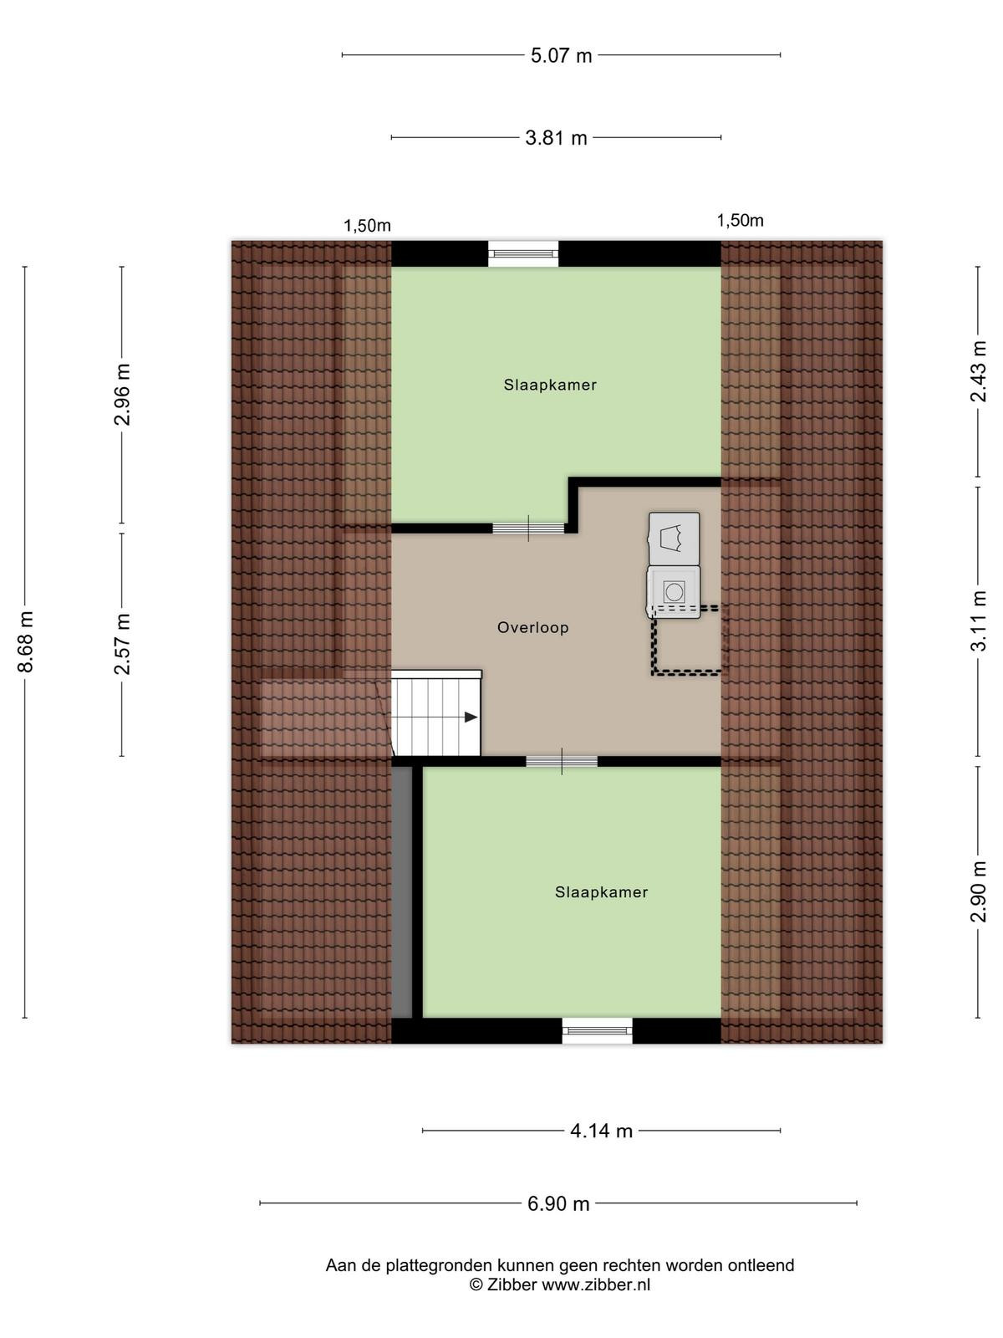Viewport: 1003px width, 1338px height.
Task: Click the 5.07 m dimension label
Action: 561,55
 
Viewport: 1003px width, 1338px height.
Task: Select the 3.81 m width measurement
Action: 556,138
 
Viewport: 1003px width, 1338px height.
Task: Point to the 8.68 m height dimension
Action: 26,641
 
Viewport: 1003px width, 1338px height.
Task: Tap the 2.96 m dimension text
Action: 122,395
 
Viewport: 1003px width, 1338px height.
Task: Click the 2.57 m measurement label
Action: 122,644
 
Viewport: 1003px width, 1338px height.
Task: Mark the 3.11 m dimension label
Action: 978,620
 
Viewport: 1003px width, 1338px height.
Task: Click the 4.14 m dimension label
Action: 601,1131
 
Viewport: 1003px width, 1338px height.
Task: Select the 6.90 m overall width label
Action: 558,1204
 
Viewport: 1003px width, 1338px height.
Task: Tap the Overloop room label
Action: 533,627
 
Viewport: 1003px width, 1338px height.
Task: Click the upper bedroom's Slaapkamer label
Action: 550,385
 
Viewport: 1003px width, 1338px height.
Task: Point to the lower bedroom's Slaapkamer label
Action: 601,891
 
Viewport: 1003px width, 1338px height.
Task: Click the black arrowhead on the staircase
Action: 471,718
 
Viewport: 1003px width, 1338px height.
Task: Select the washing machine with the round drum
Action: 674,592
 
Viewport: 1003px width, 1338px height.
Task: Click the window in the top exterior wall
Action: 523,253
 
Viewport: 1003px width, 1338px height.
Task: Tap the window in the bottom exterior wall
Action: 597,1030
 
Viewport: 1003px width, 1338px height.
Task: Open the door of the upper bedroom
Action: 528,528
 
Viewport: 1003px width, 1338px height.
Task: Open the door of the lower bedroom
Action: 562,761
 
